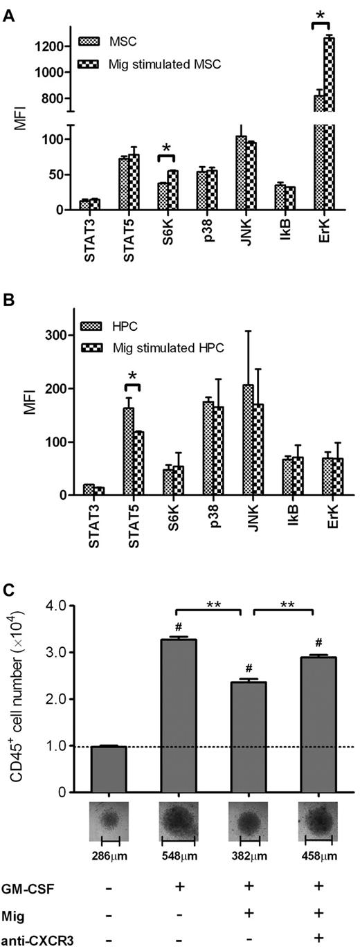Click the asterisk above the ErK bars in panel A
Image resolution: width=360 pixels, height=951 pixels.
tap(321, 15)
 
